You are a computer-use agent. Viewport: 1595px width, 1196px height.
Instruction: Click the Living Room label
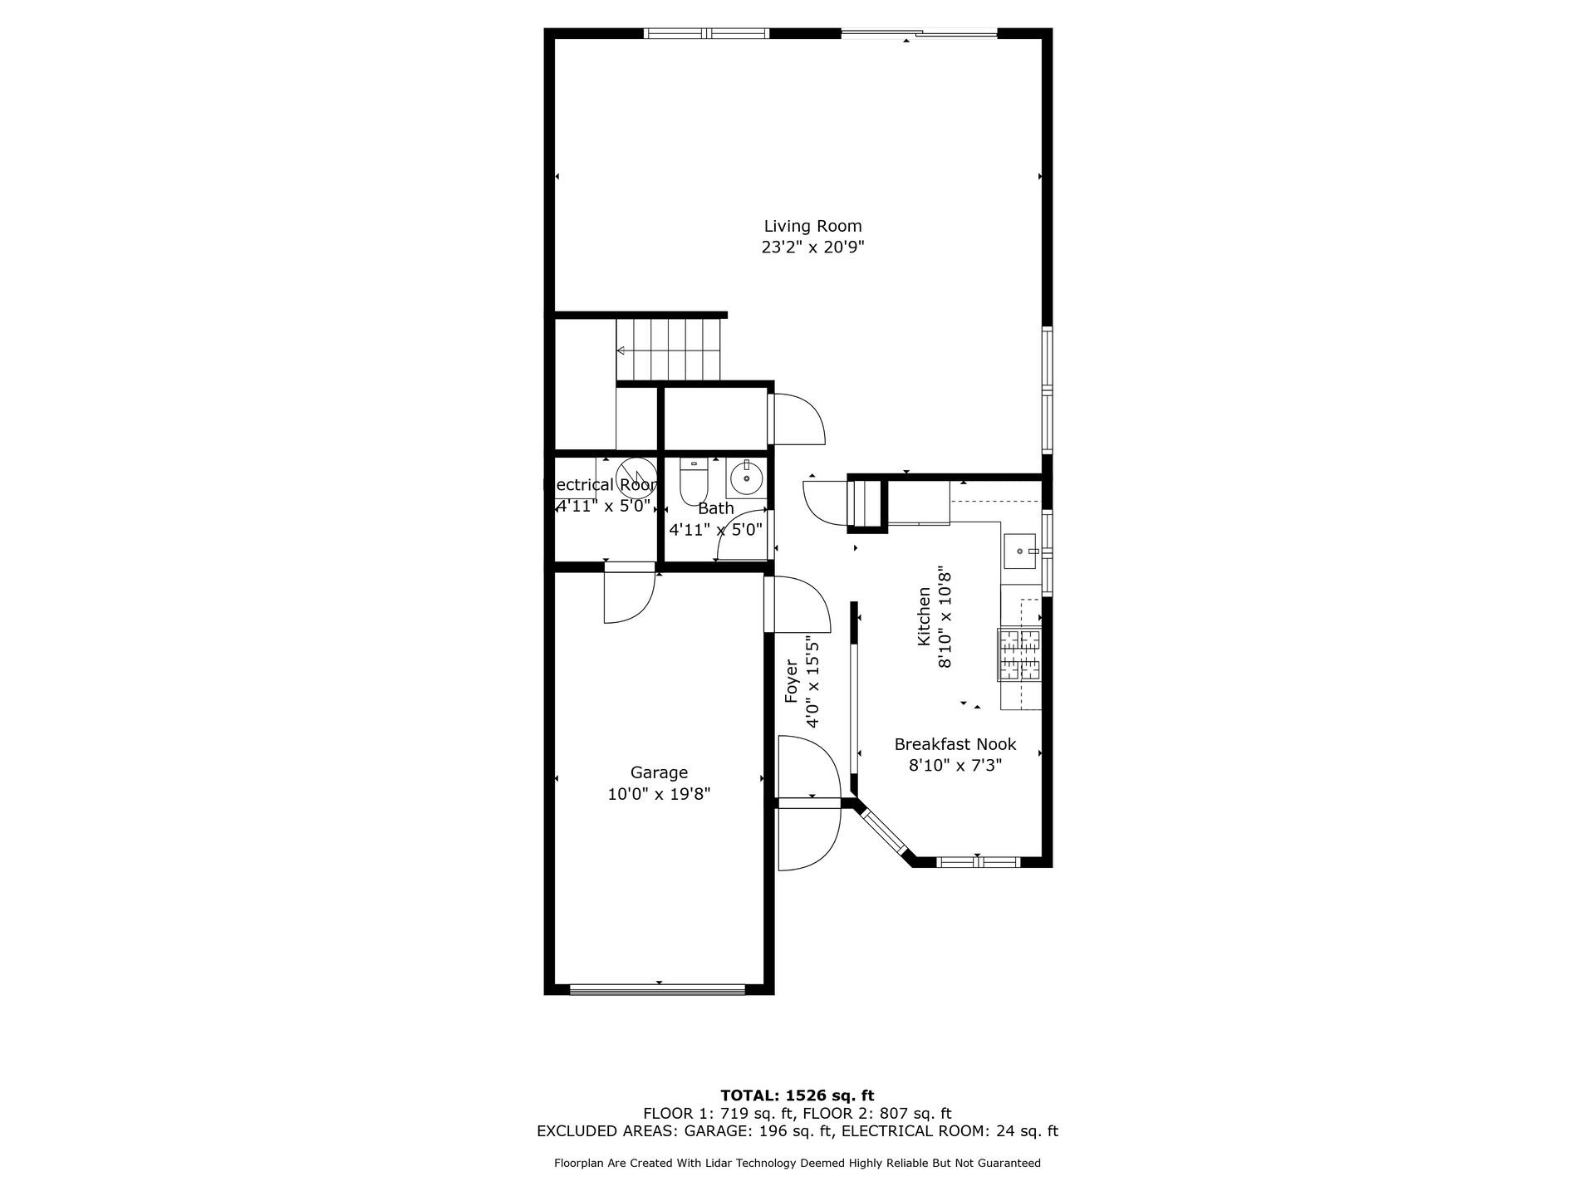click(x=812, y=226)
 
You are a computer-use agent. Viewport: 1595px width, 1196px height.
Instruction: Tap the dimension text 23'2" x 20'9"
click(x=812, y=248)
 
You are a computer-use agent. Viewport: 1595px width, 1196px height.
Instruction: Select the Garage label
click(x=659, y=773)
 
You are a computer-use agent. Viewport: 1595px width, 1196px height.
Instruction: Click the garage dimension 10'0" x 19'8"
click(x=659, y=795)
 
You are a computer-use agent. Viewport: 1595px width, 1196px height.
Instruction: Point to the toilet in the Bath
click(x=693, y=480)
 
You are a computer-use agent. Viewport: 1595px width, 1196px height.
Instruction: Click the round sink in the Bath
click(x=746, y=478)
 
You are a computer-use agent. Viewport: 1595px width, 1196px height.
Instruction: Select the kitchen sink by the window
click(x=1020, y=551)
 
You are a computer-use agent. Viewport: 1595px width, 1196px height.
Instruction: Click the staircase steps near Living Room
click(x=668, y=350)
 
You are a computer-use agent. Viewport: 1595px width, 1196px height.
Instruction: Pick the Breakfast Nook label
click(x=955, y=745)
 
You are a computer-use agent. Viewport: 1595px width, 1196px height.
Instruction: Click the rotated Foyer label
click(x=792, y=681)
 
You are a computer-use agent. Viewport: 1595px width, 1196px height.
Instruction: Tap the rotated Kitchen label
click(x=924, y=616)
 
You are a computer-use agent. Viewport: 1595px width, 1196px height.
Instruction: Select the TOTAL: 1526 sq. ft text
click(x=797, y=1096)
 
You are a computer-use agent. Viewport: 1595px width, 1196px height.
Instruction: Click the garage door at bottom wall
click(x=658, y=988)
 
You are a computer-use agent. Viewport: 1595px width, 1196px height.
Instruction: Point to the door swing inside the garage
click(x=628, y=596)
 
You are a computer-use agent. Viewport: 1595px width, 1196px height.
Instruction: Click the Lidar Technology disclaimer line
click(x=797, y=1164)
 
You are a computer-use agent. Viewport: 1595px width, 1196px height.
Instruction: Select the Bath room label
click(x=715, y=508)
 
